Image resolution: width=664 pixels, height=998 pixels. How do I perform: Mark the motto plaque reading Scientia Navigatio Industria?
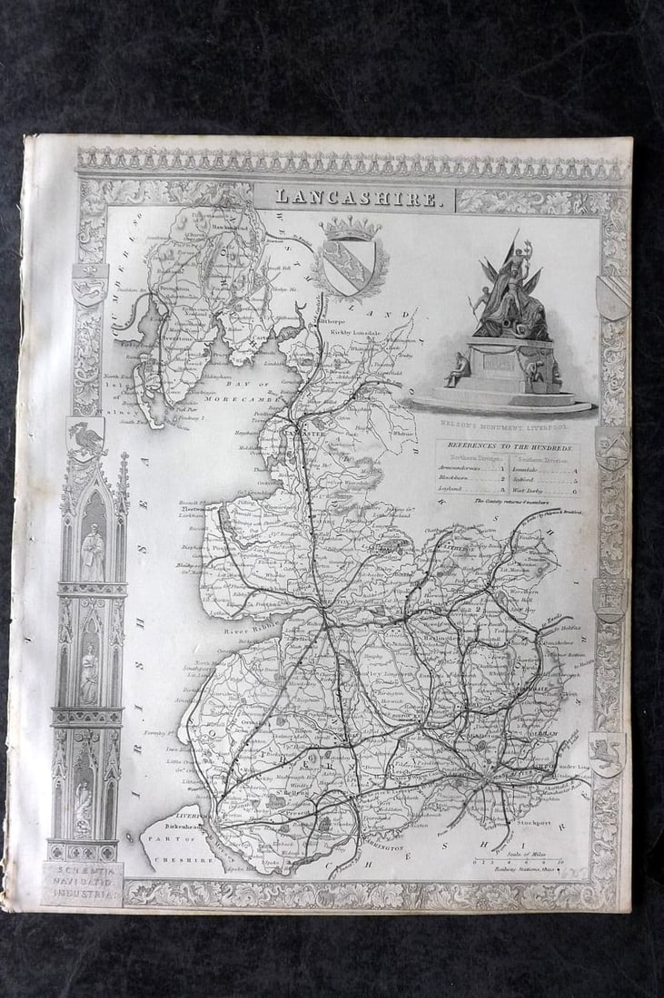click(82, 882)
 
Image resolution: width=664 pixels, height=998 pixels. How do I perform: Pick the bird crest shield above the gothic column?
click(85, 439)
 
